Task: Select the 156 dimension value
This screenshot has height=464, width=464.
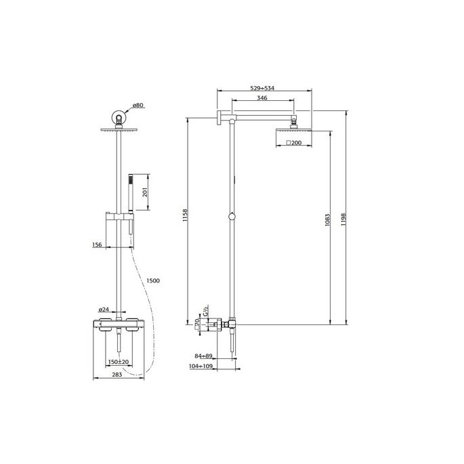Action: point(97,245)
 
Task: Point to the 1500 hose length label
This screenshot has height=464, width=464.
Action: point(154,281)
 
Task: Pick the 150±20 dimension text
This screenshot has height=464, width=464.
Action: point(119,362)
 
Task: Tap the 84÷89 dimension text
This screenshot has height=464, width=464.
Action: point(204,355)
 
